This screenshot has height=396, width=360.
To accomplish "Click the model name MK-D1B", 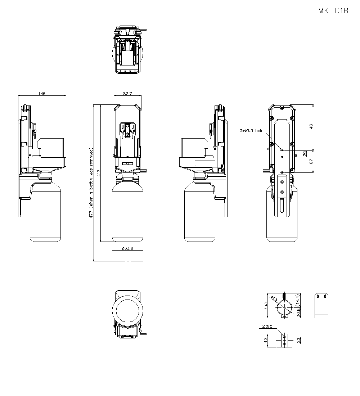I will click(x=333, y=11).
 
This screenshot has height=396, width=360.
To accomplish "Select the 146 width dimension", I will click(x=42, y=93).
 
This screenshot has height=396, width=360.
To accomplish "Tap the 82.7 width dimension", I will click(x=127, y=93).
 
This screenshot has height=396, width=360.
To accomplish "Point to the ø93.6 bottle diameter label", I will click(x=127, y=248).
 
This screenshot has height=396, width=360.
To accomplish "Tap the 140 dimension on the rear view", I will click(x=311, y=127).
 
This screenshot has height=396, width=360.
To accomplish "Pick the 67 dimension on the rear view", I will click(x=311, y=161).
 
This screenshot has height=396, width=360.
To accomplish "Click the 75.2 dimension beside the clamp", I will click(x=266, y=305).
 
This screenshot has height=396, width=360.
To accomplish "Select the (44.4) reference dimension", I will click(x=298, y=300).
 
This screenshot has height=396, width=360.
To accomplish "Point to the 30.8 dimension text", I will click(x=298, y=314).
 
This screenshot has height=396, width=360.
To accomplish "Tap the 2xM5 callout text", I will click(x=267, y=327).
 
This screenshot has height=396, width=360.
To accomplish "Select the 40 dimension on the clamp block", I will click(x=266, y=340).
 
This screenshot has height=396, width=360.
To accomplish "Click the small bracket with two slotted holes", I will click(x=321, y=305).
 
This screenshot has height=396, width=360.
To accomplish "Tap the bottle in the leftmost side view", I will click(x=45, y=212).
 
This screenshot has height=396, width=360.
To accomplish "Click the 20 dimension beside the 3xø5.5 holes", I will click(x=305, y=153).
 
